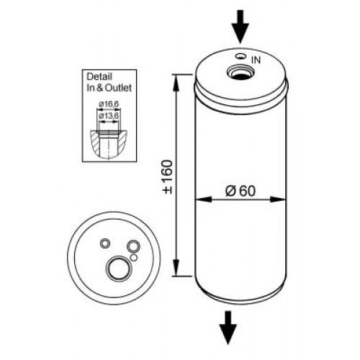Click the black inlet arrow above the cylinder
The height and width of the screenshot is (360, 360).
point(240,27)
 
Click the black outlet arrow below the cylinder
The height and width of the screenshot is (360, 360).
point(228,328)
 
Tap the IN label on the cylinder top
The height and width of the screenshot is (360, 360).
point(256,60)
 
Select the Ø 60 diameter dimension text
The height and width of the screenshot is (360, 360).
point(240,191)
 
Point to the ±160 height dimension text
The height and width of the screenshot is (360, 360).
point(168,177)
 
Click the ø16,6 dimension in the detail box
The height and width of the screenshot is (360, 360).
point(109,104)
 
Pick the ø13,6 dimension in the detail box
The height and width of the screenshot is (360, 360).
point(109,116)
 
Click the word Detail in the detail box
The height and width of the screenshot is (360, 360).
point(99,77)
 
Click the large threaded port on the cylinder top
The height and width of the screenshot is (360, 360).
point(240,72)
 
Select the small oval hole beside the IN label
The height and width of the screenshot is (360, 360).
point(240,56)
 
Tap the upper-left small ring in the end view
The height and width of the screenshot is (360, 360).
point(105,243)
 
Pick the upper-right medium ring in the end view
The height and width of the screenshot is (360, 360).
point(133,246)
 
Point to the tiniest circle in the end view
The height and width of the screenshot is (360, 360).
point(134,258)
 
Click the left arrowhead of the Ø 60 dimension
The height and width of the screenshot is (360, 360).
point(204,199)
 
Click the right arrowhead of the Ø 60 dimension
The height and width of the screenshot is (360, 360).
point(278,199)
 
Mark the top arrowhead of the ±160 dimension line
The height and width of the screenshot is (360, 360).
point(176,83)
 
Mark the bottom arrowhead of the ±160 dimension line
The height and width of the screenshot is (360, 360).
point(176,268)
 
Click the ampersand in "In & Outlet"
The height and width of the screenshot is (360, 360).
point(100,88)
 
